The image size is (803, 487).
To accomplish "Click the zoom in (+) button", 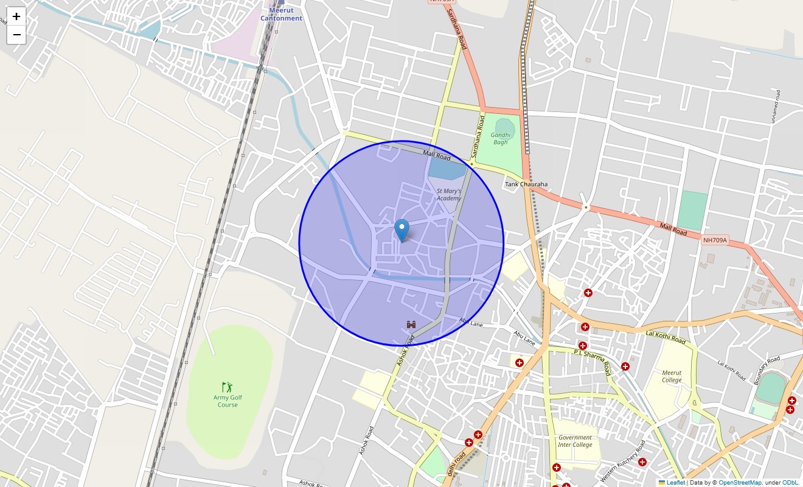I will [16, 16].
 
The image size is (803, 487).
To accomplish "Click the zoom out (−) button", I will [16, 35].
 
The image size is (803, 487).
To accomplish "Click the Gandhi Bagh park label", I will [500, 139].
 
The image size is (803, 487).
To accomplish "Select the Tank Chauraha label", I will [526, 184].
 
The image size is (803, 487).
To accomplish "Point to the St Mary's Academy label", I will [449, 194].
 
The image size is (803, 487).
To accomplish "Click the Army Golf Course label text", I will [228, 401].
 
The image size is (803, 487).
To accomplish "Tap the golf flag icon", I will [228, 387].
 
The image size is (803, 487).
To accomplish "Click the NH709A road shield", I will [715, 240].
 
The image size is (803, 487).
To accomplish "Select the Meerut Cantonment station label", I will [281, 14].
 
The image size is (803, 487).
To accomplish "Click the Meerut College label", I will [672, 376].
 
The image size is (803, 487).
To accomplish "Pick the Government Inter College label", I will [575, 441].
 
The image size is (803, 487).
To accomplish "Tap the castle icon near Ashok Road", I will [412, 325].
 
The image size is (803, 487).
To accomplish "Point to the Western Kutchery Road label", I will [631, 458].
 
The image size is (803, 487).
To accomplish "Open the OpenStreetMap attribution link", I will [740, 483].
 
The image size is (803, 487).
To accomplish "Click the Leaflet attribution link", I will [675, 483].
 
